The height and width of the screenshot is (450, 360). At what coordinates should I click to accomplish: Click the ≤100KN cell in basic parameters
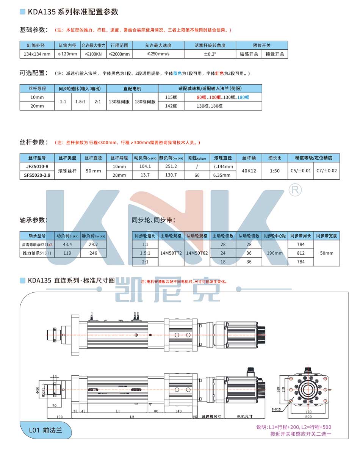pyautogui.click(x=93, y=54)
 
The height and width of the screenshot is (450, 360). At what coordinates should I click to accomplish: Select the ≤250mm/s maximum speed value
pyautogui.click(x=158, y=54)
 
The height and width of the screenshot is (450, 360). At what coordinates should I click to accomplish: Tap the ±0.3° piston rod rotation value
pyautogui.click(x=210, y=54)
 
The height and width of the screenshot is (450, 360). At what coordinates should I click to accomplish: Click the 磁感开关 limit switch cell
pyautogui.click(x=249, y=54)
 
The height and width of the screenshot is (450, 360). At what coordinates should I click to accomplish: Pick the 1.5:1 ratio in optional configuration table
pyautogui.click(x=80, y=102)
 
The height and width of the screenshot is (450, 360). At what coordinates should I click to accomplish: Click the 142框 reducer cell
pyautogui.click(x=171, y=106)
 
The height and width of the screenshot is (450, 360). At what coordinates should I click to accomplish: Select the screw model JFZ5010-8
pyautogui.click(x=37, y=166)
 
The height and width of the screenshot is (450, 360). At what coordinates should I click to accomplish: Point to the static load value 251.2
pyautogui.click(x=171, y=166)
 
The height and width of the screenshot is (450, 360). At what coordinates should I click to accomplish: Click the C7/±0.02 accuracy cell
pyautogui.click(x=326, y=171)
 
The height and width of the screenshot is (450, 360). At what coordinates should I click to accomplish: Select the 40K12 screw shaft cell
pyautogui.click(x=249, y=171)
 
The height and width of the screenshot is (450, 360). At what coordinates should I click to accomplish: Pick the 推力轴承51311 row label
pyautogui.click(x=37, y=253)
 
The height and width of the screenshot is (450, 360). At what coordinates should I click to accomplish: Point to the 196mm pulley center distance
pyautogui.click(x=275, y=253)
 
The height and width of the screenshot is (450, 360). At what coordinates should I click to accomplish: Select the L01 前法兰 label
pyautogui.click(x=45, y=431)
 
